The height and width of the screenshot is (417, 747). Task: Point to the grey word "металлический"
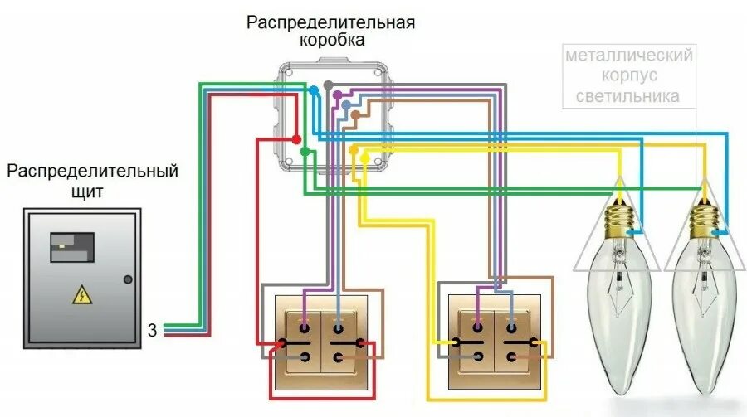pos(629,56)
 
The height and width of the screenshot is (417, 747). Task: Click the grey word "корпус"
pos(629,76)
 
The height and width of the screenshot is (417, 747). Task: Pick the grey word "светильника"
pos(629,96)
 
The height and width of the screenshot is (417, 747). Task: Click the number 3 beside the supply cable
pos(152,328)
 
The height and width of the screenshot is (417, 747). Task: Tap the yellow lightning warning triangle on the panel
pos(81,293)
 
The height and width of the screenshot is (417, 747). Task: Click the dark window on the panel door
pos(71,247)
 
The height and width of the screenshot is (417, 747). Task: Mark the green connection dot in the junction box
pos(305,151)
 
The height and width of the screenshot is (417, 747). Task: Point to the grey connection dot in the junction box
pos(328,85)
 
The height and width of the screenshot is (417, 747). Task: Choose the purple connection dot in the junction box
pos(337,96)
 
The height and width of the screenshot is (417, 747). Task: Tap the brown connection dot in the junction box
pos(354,114)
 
